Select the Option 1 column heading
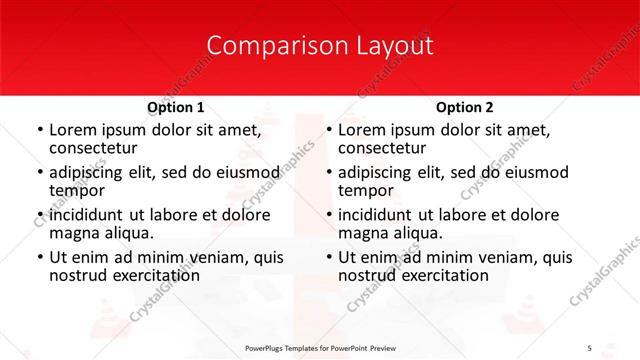coord(176,107)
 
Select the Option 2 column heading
coord(465,107)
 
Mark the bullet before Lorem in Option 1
coord(39,130)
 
